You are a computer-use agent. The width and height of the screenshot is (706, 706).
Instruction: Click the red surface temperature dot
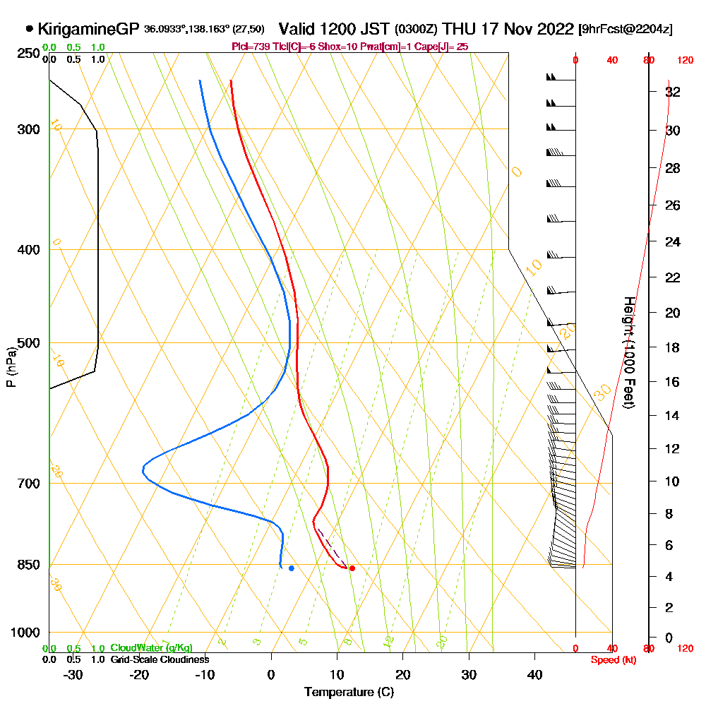pyautogui.click(x=352, y=568)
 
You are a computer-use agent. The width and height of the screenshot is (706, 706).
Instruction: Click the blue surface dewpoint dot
pyautogui.click(x=291, y=568)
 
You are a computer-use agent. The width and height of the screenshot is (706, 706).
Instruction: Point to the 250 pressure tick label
pyautogui.click(x=28, y=54)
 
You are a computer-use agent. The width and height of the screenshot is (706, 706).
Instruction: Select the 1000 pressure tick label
pyautogui.click(x=25, y=633)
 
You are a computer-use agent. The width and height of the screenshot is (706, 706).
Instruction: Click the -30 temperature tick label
pyautogui.click(x=73, y=674)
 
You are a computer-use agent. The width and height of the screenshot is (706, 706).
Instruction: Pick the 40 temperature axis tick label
pyautogui.click(x=534, y=674)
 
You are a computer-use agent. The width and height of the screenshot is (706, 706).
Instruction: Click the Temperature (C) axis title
pyautogui.click(x=349, y=692)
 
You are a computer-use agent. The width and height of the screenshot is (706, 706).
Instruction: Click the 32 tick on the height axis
pyautogui.click(x=674, y=92)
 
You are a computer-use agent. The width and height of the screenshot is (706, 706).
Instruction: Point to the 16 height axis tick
pyautogui.click(x=674, y=382)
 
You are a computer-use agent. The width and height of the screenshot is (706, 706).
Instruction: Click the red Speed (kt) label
pyautogui.click(x=611, y=659)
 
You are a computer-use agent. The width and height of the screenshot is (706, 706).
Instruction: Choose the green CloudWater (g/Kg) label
pyautogui.click(x=151, y=648)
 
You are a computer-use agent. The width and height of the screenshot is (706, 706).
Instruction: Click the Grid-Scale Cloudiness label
pyautogui.click(x=159, y=659)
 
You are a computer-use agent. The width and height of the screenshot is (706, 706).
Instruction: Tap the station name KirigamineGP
pyautogui.click(x=88, y=30)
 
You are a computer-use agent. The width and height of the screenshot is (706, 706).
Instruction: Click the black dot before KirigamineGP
pyautogui.click(x=29, y=29)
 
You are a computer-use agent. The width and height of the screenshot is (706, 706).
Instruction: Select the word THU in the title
pyautogui.click(x=459, y=29)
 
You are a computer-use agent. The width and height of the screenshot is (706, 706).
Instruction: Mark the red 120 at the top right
pyautogui.click(x=685, y=61)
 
